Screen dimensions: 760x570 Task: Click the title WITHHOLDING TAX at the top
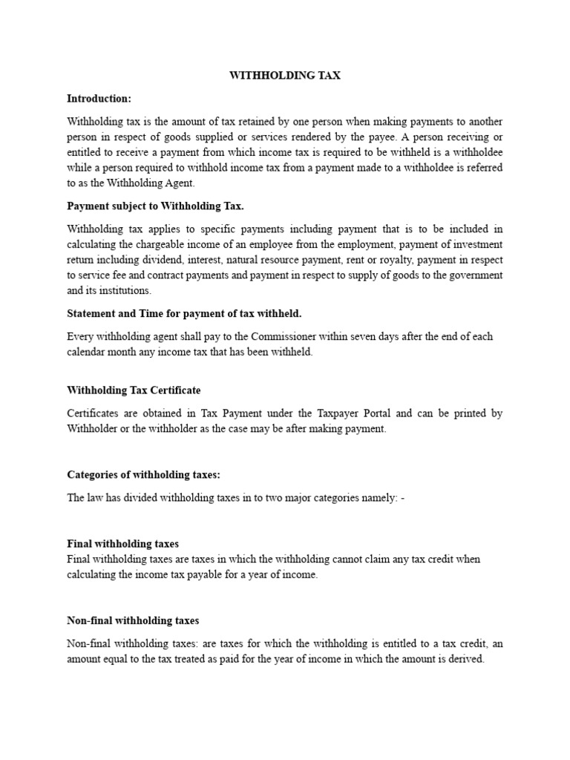pos(285,76)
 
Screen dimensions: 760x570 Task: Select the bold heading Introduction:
pos(99,99)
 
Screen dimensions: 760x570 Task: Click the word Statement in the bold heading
pos(91,313)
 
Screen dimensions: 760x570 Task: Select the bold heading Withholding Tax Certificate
pos(134,390)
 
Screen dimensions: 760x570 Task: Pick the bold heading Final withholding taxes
pos(122,544)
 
